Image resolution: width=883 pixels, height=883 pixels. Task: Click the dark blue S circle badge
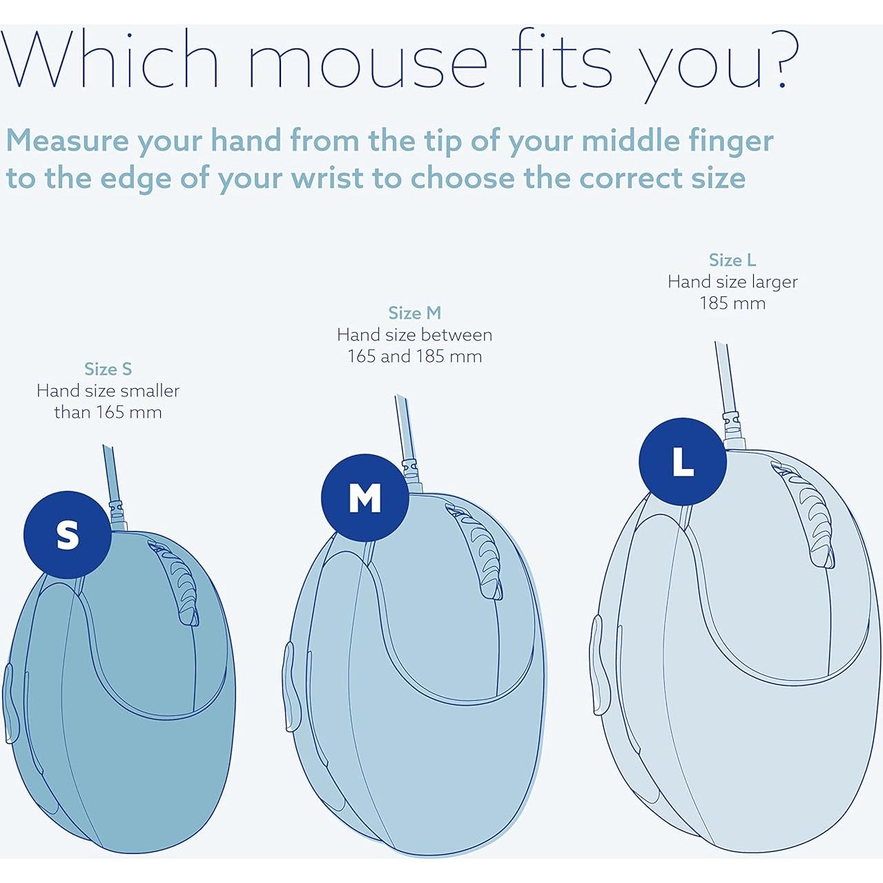(x=68, y=535)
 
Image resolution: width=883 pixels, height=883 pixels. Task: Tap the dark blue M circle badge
(x=365, y=498)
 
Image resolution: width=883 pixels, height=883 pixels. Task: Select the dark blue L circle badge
(x=683, y=462)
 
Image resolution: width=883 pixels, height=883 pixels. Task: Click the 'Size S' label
(x=108, y=369)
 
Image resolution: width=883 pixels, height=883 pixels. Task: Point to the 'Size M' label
(x=414, y=313)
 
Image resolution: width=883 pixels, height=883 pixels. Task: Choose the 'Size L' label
(x=732, y=260)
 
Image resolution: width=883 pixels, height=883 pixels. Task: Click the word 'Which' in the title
(x=110, y=60)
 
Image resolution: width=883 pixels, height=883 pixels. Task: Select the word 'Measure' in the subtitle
(x=67, y=140)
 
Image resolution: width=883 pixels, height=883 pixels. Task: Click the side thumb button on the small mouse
(x=9, y=702)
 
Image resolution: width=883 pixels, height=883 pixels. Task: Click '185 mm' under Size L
(x=732, y=303)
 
